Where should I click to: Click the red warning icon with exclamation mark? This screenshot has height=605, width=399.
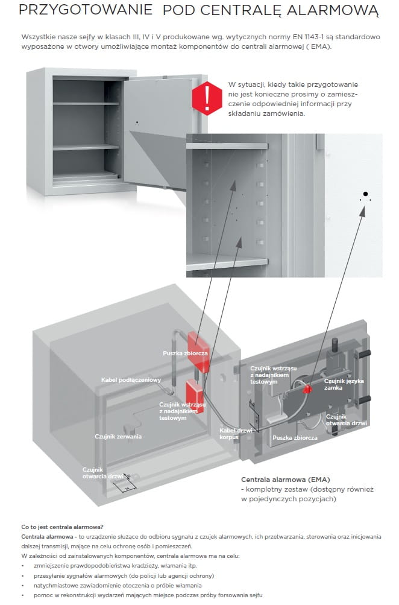207,97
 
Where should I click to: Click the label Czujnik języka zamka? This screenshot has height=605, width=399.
344,384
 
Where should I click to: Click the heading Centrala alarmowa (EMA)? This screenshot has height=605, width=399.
277,478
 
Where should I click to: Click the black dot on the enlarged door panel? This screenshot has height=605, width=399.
365,193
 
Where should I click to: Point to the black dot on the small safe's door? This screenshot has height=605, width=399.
137,122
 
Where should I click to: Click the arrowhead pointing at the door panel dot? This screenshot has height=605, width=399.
363,209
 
